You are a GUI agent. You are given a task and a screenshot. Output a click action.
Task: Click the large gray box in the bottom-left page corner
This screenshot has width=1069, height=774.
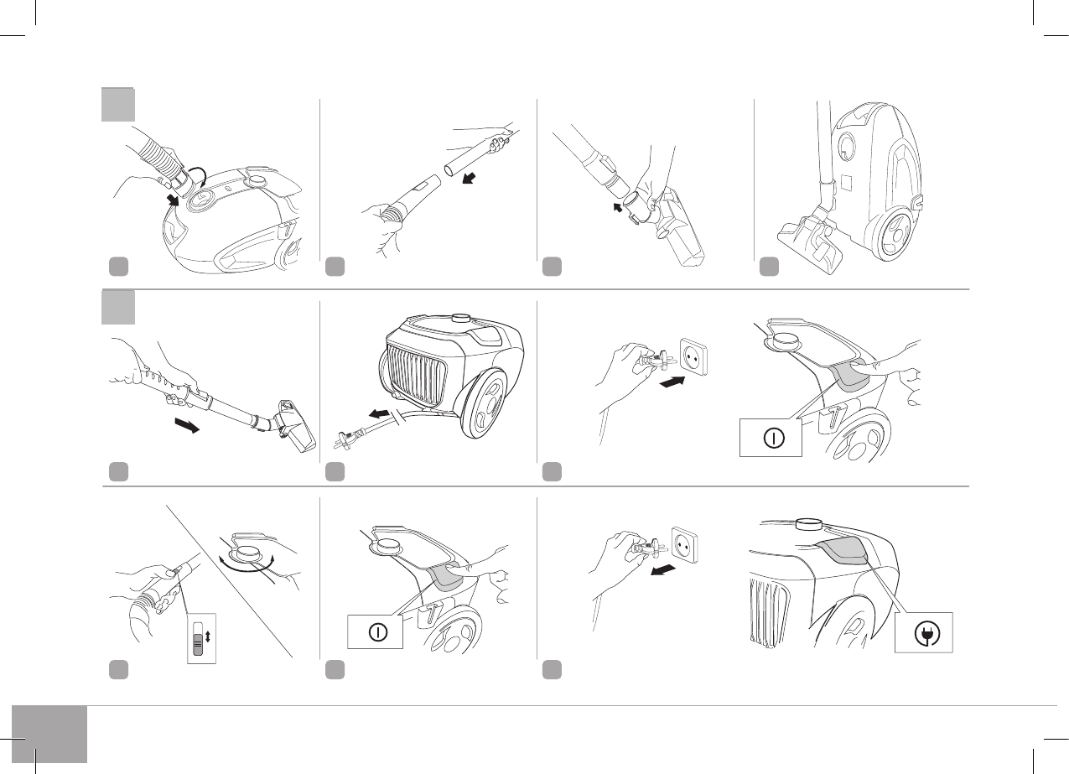point(49,734)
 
